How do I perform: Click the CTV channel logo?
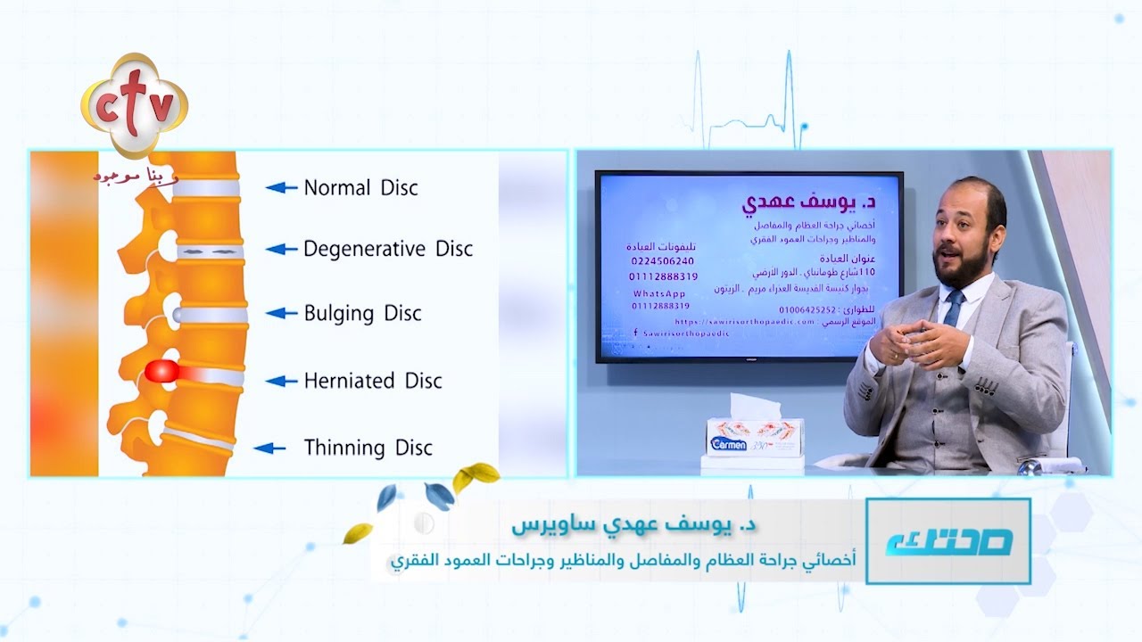pyautogui.click(x=134, y=105)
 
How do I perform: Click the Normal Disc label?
pyautogui.click(x=360, y=188)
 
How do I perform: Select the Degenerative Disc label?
pyautogui.click(x=387, y=249)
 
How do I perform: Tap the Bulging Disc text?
pyautogui.click(x=362, y=313)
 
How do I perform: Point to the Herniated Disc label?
pyautogui.click(x=373, y=381)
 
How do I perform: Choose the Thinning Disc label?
pyautogui.click(x=368, y=448)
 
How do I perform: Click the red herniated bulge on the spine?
pyautogui.click(x=161, y=373)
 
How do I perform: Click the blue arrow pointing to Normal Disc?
pyautogui.click(x=281, y=188)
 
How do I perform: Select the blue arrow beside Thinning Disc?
pyautogui.click(x=270, y=449)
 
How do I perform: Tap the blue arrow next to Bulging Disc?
pyautogui.click(x=281, y=313)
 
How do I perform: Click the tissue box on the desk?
pyautogui.click(x=755, y=436)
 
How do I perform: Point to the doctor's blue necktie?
pyautogui.click(x=953, y=309)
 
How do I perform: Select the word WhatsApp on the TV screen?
pyautogui.click(x=659, y=293)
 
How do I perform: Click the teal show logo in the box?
pyautogui.click(x=948, y=542)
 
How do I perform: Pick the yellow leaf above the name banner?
pyautogui.click(x=474, y=477)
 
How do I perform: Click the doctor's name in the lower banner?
pyautogui.click(x=630, y=525)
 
